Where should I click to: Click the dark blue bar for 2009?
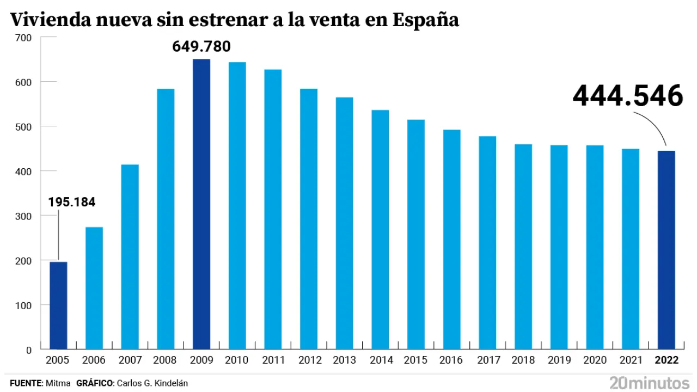(201, 204)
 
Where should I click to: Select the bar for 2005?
(58, 305)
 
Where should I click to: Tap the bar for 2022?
(666, 250)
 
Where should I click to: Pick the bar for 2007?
(130, 256)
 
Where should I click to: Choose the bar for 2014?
(380, 229)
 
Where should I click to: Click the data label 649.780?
(201, 47)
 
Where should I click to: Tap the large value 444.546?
(628, 96)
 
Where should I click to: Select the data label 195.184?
(72, 203)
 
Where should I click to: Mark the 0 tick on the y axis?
(29, 350)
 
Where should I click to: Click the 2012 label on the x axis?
(309, 360)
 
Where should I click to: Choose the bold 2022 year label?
(667, 360)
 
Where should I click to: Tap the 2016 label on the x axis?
(452, 360)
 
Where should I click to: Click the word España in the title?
(426, 20)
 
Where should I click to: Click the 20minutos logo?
(649, 382)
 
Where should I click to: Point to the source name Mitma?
(58, 383)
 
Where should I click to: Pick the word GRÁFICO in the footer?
(94, 383)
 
